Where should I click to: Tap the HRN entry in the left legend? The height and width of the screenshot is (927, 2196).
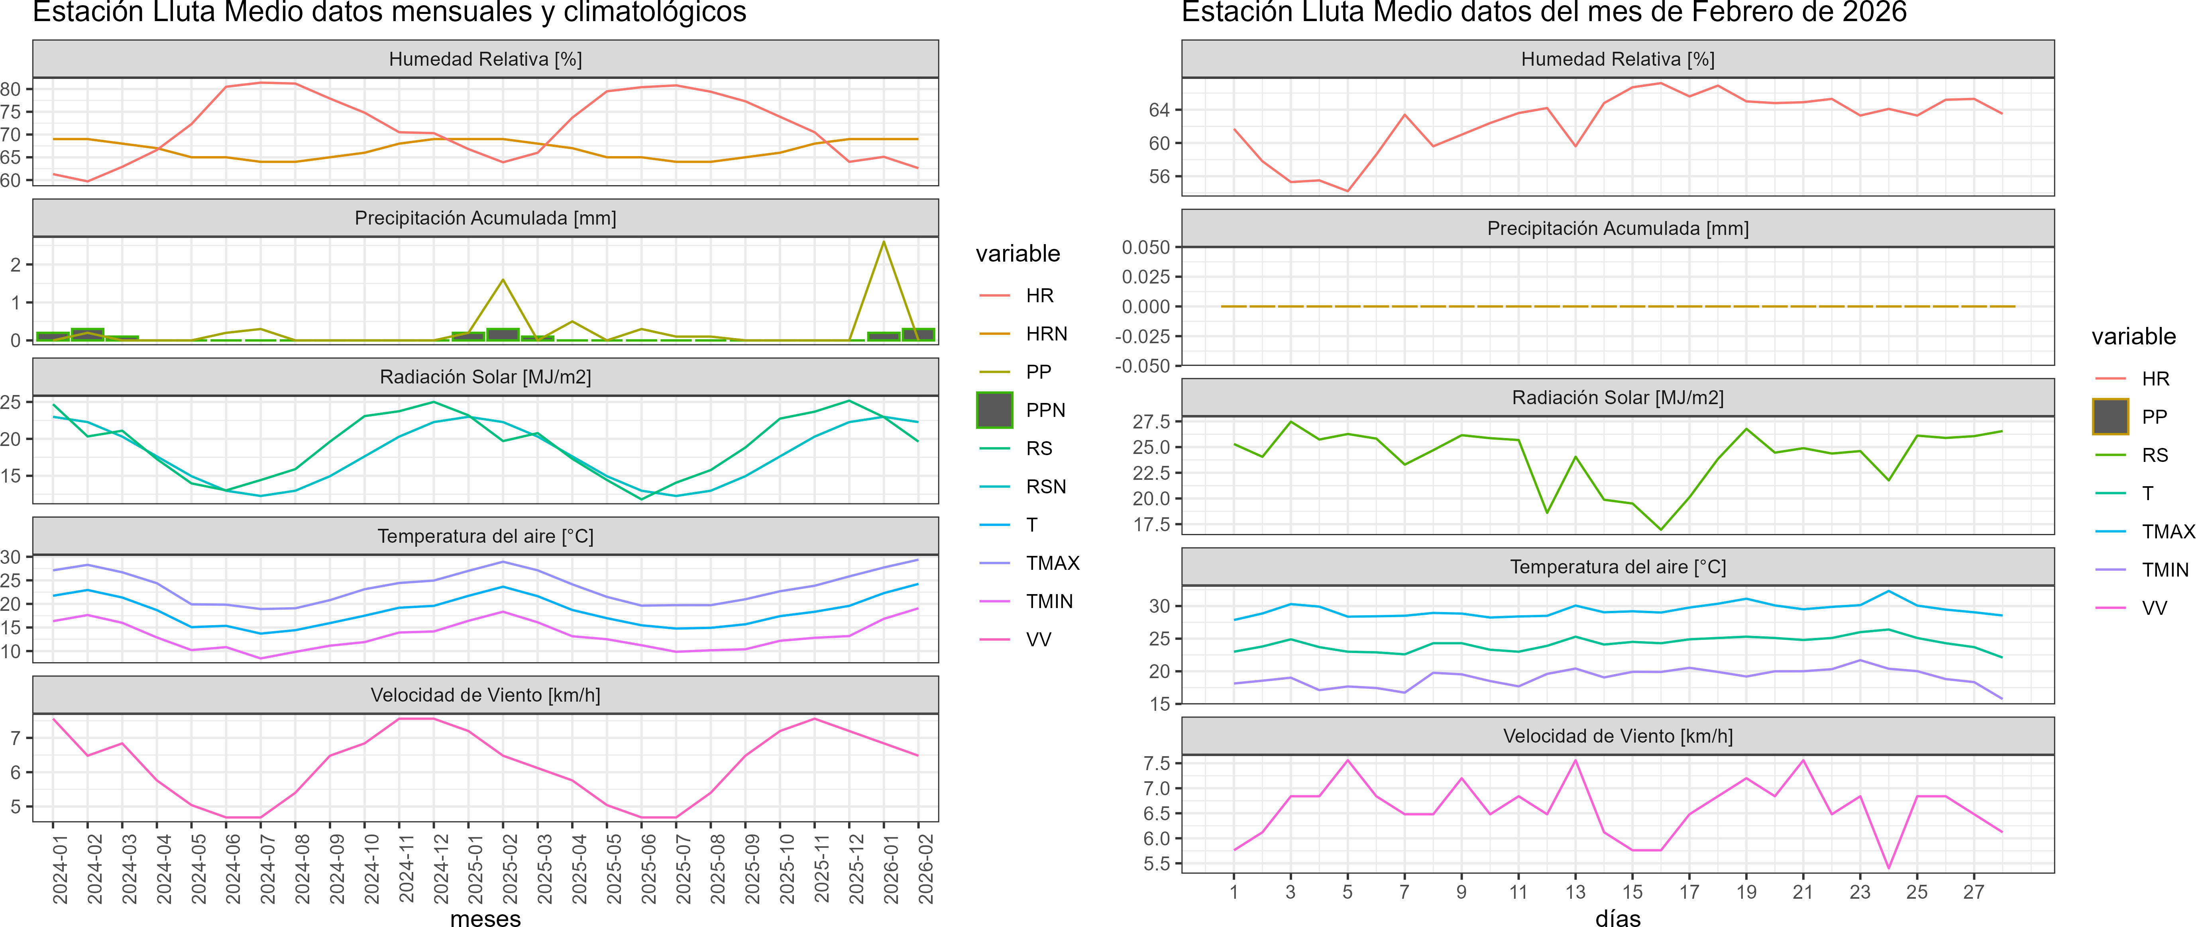[x=1046, y=334]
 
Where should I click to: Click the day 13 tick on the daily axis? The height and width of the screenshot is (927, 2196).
[x=1575, y=892]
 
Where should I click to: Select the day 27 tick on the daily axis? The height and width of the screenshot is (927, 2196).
[x=1974, y=892]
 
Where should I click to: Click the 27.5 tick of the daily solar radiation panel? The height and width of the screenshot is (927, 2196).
[x=1151, y=422]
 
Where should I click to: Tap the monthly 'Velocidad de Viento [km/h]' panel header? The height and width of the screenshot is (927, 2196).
[x=485, y=695]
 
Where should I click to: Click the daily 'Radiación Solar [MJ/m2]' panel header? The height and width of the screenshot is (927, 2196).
[x=1617, y=398]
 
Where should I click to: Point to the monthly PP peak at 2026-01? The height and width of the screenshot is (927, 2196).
[x=884, y=242]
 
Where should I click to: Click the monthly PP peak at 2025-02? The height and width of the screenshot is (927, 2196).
[x=503, y=280]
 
